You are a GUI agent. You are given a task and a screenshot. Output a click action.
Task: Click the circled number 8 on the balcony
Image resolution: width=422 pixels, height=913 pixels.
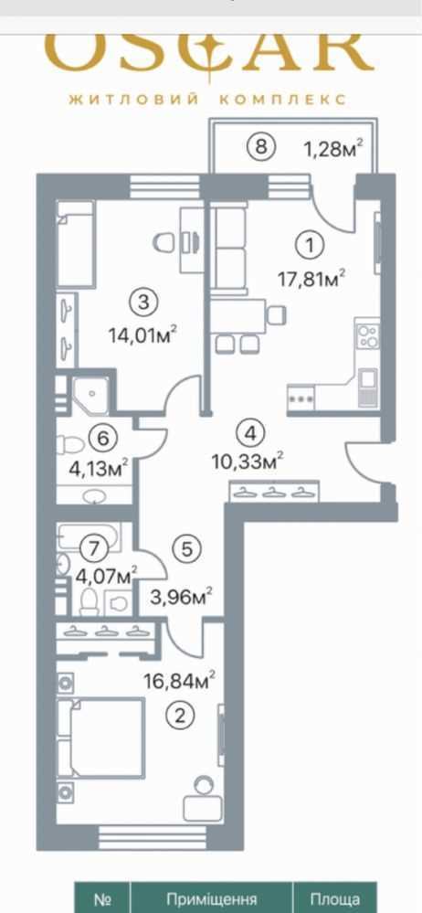click(x=260, y=146)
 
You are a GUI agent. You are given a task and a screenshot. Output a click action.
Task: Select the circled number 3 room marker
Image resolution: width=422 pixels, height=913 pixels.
click(x=144, y=302)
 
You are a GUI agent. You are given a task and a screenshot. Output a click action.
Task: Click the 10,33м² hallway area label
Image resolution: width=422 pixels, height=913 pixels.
click(x=249, y=463)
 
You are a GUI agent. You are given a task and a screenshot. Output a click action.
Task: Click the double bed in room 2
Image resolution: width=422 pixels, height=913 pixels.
click(x=100, y=738)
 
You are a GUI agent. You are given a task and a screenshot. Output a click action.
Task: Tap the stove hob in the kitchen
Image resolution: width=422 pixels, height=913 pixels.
click(x=368, y=335)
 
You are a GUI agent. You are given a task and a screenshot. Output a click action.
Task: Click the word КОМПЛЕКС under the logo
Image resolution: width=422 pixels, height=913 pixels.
click(x=283, y=99)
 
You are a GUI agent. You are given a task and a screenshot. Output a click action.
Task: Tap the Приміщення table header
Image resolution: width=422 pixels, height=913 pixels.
click(x=212, y=899)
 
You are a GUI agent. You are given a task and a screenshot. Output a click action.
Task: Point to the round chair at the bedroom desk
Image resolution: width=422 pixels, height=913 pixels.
click(x=204, y=784)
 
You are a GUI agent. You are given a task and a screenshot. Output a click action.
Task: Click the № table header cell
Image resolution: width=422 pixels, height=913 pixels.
click(x=102, y=899)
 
